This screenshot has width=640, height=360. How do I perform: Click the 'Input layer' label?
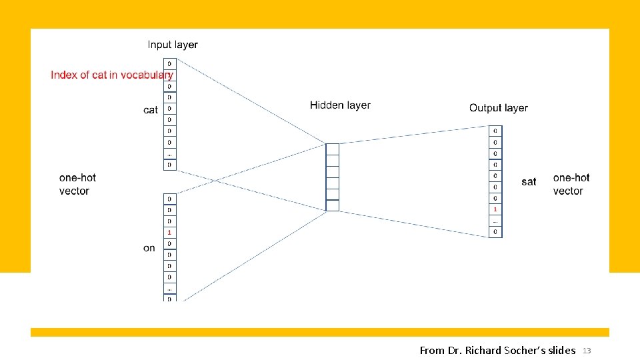[x=173, y=45]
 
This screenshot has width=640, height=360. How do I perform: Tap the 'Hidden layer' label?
[x=340, y=105]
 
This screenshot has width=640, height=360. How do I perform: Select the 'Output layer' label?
[x=498, y=108]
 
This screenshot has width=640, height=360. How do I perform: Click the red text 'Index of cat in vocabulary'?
[x=111, y=75]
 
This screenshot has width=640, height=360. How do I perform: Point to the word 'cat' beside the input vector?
[x=151, y=110]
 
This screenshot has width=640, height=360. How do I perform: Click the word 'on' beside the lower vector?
[x=149, y=248]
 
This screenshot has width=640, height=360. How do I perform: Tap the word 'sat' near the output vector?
[x=529, y=181]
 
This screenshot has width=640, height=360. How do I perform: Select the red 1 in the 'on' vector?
[x=169, y=232]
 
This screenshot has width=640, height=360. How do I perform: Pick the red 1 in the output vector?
[x=495, y=209]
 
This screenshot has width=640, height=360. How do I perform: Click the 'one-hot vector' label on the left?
[x=77, y=184]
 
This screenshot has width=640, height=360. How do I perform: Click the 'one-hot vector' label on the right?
[x=571, y=184]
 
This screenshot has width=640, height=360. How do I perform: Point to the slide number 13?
[x=587, y=351]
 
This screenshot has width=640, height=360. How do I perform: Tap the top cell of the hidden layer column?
[x=332, y=149]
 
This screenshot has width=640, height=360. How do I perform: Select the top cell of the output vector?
[x=495, y=131]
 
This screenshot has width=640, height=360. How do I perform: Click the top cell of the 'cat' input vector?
[x=169, y=64]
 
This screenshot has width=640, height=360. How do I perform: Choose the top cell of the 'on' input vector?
[x=169, y=199]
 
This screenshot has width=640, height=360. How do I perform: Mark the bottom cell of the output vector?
[x=495, y=232]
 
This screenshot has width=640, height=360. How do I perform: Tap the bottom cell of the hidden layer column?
[x=332, y=205]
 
